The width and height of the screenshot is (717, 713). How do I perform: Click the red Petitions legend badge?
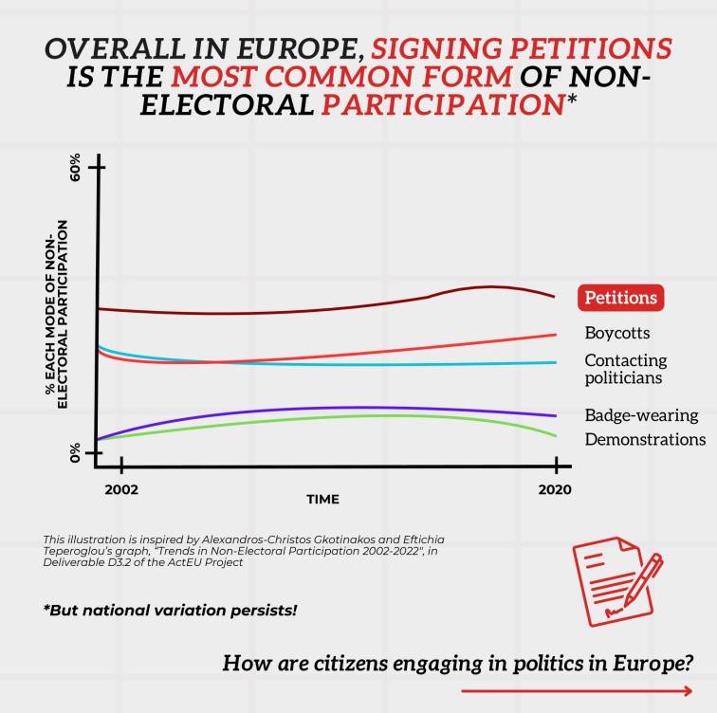coord(620,298)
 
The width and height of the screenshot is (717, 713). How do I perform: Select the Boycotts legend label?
coord(616,333)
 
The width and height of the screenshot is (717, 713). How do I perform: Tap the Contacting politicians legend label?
coord(626,369)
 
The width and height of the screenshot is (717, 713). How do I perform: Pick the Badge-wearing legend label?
coord(641,415)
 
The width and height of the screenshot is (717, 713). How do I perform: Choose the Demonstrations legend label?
coord(645,440)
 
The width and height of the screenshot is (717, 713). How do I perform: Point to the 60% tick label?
coord(76,169)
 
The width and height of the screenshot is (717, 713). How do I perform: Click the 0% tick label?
coord(76,453)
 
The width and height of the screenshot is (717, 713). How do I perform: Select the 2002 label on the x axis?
coord(121,490)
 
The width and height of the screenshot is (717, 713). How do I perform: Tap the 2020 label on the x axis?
coord(555,490)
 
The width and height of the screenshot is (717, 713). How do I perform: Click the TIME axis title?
coord(322,499)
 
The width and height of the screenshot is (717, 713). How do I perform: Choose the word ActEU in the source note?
coord(203,561)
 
